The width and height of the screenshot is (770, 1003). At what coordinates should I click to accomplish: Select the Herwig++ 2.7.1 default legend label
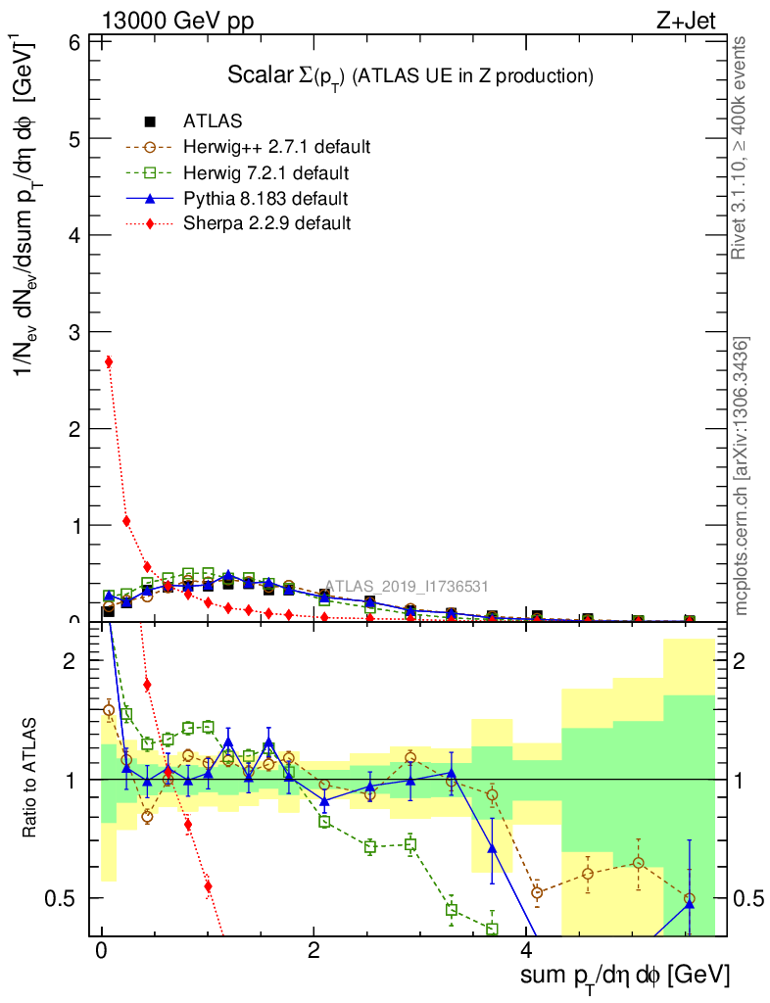pyautogui.click(x=276, y=147)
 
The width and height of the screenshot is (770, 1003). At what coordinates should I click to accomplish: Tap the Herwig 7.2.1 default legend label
pyautogui.click(x=266, y=173)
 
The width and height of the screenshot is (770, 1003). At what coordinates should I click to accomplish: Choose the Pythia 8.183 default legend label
pyautogui.click(x=265, y=199)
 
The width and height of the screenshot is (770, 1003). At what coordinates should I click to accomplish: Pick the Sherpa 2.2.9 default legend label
pyautogui.click(x=266, y=223)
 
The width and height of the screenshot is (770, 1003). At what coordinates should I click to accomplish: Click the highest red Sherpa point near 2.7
pyautogui.click(x=109, y=361)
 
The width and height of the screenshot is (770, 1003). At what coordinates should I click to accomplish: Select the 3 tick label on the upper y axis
pyautogui.click(x=72, y=332)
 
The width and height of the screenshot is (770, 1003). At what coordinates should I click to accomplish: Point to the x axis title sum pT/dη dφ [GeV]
pyautogui.click(x=625, y=976)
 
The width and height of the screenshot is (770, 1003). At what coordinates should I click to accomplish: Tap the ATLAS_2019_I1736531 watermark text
pyautogui.click(x=407, y=586)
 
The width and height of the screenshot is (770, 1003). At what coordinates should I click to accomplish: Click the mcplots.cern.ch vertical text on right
pyautogui.click(x=742, y=477)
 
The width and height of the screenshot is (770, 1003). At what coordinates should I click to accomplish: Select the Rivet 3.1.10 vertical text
pyautogui.click(x=742, y=148)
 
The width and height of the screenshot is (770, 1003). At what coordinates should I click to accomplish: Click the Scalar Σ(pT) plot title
pyautogui.click(x=410, y=75)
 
